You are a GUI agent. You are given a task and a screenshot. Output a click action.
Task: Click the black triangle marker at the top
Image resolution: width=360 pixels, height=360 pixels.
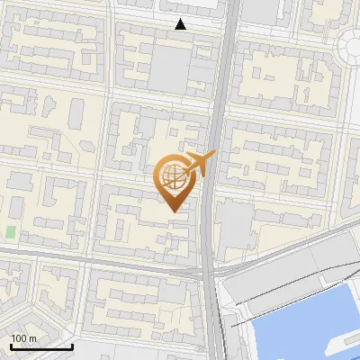pos(181,25)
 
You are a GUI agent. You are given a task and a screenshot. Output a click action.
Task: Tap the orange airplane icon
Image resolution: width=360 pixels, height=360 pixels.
pos(201,163)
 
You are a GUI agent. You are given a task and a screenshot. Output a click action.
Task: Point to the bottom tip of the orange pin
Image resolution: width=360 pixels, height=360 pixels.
pos(172,211)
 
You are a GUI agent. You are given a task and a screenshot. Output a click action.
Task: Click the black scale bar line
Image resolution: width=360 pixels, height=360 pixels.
pos(41,347)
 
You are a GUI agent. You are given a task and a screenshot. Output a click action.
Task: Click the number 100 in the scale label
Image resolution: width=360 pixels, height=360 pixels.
pos(19,338)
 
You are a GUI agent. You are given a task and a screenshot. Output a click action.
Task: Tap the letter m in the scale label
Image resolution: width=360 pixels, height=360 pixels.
pos(32,338)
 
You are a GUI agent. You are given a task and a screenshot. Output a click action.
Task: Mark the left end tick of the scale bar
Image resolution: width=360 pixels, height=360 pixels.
pos(11,346)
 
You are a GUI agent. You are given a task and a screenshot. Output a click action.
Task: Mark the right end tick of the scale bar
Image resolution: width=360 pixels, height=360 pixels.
pos(72,346)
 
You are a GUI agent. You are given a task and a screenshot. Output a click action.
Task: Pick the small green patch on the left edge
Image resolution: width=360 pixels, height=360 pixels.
pos(11,232)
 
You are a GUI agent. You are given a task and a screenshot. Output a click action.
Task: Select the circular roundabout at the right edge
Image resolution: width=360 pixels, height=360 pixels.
pos(354,45)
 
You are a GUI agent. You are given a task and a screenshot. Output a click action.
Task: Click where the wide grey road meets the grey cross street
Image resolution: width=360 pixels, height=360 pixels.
pos(210,267)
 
